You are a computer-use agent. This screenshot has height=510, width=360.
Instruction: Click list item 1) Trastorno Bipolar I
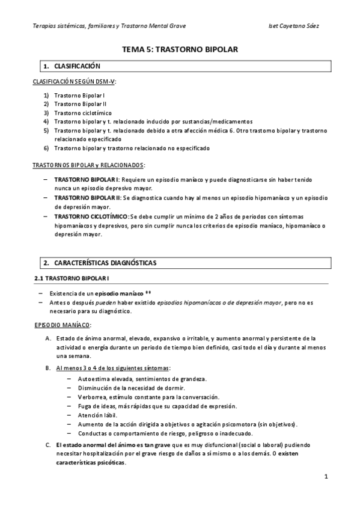(x=79, y=96)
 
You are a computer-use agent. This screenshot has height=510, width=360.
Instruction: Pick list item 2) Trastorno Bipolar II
(x=81, y=104)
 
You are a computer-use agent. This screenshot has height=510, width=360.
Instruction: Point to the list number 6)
(x=46, y=148)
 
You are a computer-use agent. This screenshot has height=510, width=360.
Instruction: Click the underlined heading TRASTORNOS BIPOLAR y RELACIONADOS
(x=88, y=164)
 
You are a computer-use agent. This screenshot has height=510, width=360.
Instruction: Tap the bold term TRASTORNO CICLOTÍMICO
(x=90, y=216)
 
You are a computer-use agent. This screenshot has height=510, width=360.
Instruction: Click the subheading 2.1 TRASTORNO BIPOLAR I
(x=72, y=278)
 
